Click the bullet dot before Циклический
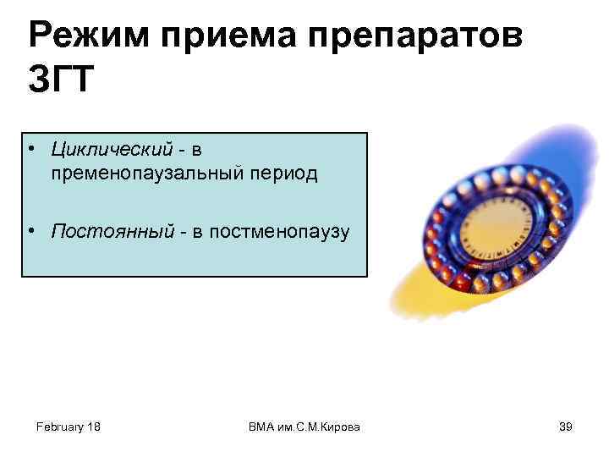(30, 151)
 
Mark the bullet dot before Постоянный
(30, 232)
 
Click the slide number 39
(566, 427)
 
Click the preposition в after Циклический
(196, 150)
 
